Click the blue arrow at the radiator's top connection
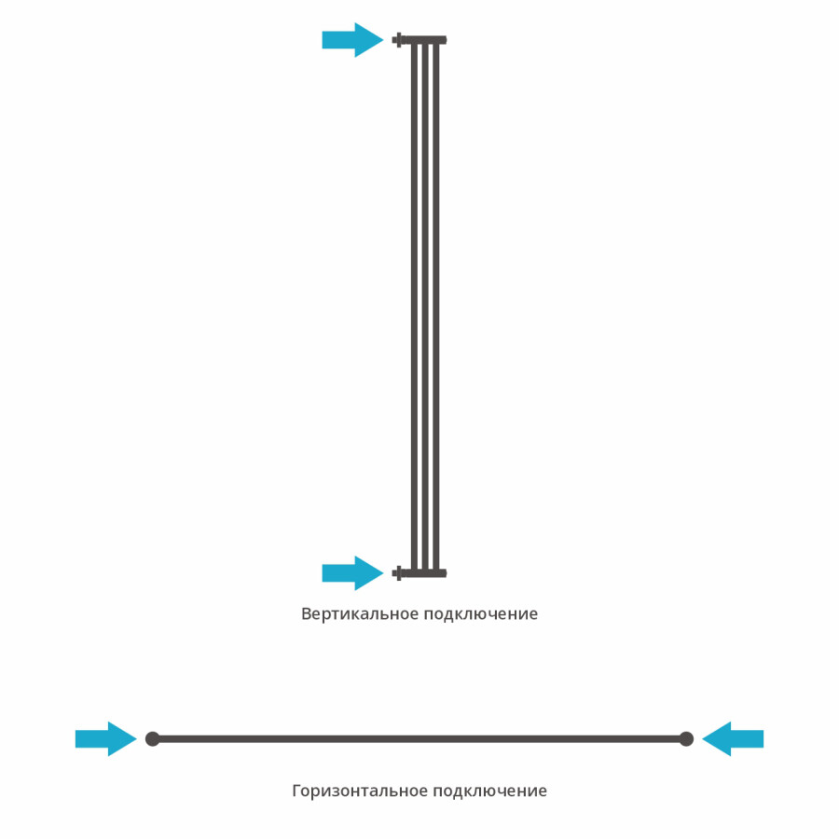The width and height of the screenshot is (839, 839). [x=352, y=39]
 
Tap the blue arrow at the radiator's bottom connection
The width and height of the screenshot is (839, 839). [x=352, y=573]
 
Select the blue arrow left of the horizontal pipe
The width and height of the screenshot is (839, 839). [x=106, y=739]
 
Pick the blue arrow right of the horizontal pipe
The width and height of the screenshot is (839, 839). [x=733, y=739]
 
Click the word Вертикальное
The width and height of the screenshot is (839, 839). [x=360, y=613]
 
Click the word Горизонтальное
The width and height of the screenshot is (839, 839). [x=360, y=791]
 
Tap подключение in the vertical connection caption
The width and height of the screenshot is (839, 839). [x=481, y=614]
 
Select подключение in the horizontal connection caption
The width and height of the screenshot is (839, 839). [x=490, y=791]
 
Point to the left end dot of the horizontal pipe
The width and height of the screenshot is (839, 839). [x=153, y=739]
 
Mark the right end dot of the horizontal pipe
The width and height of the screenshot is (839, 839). [x=686, y=739]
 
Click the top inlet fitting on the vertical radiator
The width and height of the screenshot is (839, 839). [x=398, y=39]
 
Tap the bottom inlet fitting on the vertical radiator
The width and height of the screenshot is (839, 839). [x=398, y=573]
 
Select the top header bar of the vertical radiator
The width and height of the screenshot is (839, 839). [x=425, y=39]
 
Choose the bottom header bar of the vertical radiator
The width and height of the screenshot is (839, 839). [x=425, y=573]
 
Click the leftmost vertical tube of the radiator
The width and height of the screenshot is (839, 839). [x=414, y=306]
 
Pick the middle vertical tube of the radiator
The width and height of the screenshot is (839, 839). [x=425, y=306]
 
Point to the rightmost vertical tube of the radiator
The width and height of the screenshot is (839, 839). [x=436, y=306]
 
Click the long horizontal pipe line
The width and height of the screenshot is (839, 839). [x=419, y=739]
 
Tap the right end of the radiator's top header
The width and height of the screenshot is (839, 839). [x=447, y=39]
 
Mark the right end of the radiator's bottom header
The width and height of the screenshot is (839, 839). [x=447, y=573]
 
